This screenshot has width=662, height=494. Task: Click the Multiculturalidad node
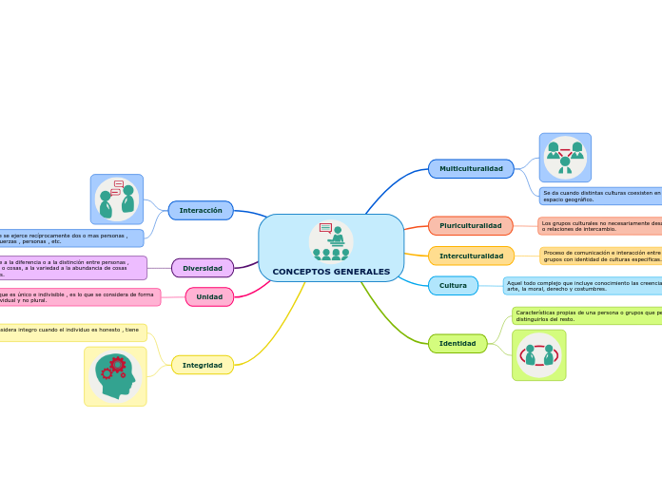[471, 168]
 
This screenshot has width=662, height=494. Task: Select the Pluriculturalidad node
[470, 226]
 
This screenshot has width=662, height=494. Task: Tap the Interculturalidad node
[471, 256]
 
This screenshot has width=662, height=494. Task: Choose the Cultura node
[453, 285]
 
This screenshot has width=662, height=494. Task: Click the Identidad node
[457, 343]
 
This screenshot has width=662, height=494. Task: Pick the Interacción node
[201, 210]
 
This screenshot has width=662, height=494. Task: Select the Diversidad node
[203, 268]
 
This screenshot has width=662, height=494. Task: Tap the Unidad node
[209, 296]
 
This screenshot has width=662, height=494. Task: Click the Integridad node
[203, 365]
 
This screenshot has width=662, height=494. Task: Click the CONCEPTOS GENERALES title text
[331, 272]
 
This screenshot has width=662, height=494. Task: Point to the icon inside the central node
[331, 240]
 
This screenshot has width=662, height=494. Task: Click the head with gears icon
[116, 376]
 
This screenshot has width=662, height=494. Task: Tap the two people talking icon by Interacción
[117, 199]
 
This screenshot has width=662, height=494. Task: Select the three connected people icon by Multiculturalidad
[565, 157]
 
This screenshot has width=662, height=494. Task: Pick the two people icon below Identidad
[538, 355]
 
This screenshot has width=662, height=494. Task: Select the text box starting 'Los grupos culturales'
[599, 226]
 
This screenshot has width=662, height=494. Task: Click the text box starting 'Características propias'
[586, 314]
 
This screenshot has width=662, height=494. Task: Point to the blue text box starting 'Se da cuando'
[600, 196]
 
